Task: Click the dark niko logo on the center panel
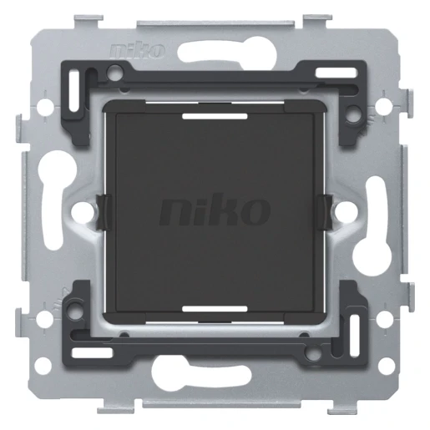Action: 215,210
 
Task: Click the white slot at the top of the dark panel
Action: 215,116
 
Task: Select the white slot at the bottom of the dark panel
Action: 215,309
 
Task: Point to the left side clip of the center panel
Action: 104,212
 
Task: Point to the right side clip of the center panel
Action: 325,212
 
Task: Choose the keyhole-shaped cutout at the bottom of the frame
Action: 201,373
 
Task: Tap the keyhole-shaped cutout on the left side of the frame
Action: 57,199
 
